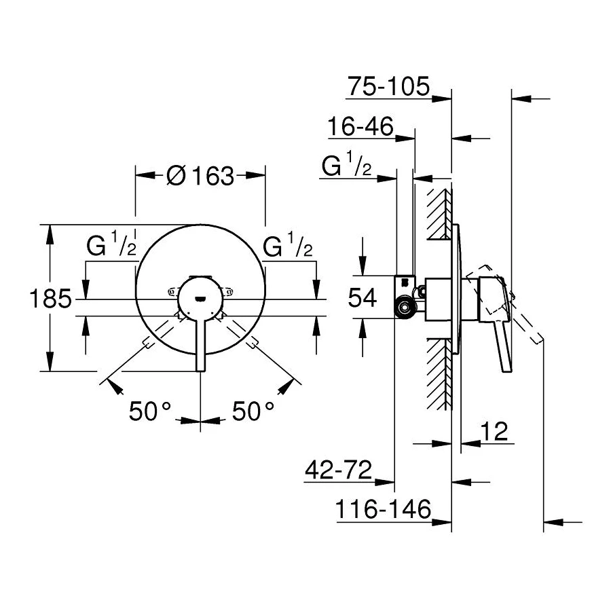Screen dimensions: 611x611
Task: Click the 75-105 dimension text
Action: coord(388,87)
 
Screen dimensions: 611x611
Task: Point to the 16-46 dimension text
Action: coord(360,127)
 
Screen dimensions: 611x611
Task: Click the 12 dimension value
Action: coord(494,431)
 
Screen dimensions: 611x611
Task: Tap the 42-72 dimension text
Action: coord(337,470)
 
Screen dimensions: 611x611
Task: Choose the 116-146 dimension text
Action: coord(384,510)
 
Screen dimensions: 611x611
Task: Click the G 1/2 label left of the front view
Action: coord(112,246)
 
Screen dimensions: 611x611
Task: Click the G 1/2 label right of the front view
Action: coord(288,246)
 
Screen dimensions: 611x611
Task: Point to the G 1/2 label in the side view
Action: coord(346,167)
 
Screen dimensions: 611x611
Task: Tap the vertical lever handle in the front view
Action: coord(200,343)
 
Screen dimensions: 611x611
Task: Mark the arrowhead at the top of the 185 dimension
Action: coord(49,232)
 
